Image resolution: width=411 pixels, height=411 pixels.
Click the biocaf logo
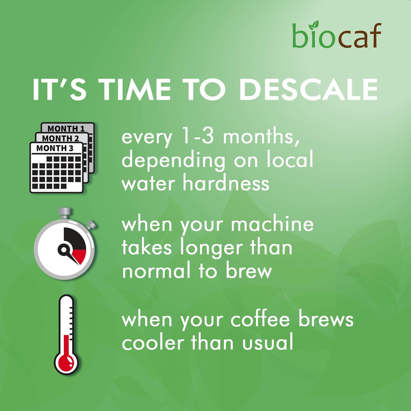[337, 35]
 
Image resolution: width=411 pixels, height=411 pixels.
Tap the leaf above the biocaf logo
[314, 25]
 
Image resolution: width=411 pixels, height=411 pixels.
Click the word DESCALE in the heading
[309, 89]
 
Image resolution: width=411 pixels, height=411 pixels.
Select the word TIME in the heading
[134, 89]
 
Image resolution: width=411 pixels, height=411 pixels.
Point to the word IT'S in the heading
[59, 89]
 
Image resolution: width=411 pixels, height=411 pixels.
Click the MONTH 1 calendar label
[66, 129]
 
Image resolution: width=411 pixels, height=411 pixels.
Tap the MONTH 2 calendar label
[60, 138]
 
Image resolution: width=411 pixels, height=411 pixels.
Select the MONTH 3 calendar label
[55, 148]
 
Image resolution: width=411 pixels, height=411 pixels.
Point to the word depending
[173, 160]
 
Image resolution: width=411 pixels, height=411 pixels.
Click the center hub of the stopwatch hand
[63, 249]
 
